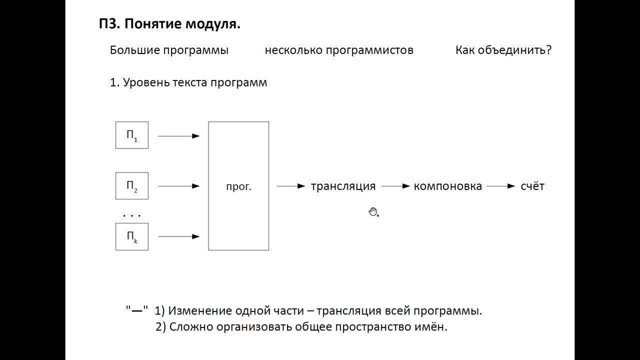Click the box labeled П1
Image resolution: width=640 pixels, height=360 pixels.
[x=132, y=135]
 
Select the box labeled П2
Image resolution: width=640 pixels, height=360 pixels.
[x=132, y=186]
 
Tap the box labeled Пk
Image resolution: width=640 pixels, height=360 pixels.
[x=132, y=236]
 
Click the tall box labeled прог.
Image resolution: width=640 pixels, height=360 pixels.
[x=238, y=186]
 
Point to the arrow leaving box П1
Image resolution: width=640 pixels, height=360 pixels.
[x=178, y=135]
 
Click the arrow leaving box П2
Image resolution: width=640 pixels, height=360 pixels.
[x=178, y=186]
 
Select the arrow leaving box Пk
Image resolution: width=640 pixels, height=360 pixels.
[x=178, y=236]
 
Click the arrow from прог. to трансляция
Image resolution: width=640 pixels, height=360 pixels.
[x=290, y=186]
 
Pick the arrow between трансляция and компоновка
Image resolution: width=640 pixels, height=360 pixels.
[x=395, y=186]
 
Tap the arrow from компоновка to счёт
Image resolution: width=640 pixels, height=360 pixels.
[x=500, y=186]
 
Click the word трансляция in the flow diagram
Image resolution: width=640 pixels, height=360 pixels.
[x=343, y=186]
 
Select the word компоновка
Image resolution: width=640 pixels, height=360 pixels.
[x=447, y=186]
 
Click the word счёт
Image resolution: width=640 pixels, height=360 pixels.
[x=532, y=186]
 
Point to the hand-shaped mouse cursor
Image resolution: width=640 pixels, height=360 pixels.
[x=373, y=212]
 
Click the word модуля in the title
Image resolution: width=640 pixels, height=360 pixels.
[x=213, y=24]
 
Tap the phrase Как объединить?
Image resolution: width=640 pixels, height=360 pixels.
[x=503, y=50]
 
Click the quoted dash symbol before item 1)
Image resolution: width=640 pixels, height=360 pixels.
[x=136, y=310]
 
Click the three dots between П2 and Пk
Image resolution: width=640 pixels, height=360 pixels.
[x=132, y=215]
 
